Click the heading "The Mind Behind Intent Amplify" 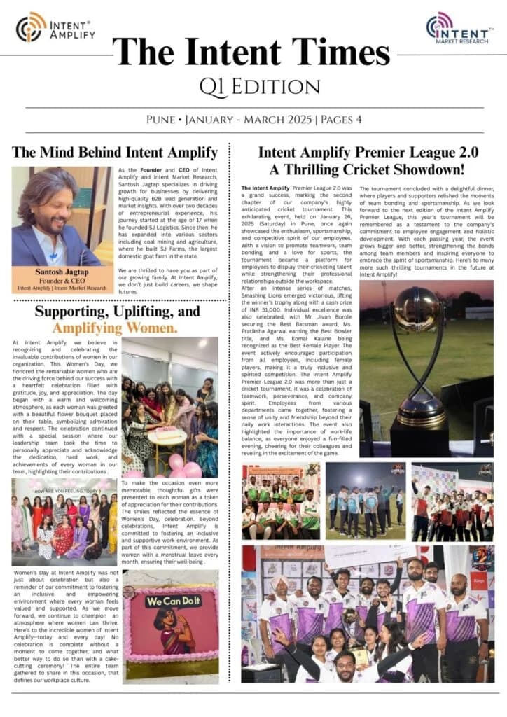coord(115,152)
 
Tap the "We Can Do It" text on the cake coord(172,601)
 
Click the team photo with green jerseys coord(280,501)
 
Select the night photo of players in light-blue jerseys coord(365,501)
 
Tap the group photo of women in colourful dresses coord(64,522)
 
